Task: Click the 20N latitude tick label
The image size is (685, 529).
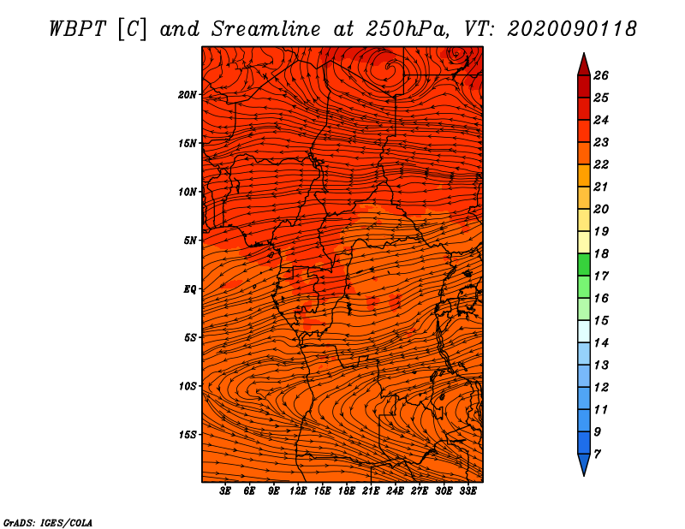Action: [188, 95]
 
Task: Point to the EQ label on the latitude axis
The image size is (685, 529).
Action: [189, 289]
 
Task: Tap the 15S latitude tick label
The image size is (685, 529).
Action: [188, 435]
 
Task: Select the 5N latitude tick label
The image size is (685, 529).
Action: [190, 241]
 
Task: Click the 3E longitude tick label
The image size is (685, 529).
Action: [225, 491]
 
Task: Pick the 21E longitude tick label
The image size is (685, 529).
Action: [371, 491]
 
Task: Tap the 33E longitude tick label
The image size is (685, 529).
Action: [468, 491]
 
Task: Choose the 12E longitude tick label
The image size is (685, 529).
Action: [297, 491]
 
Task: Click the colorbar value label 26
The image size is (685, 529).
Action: [601, 75]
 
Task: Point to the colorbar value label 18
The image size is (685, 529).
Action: [601, 253]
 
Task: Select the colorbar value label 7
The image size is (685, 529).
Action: [597, 455]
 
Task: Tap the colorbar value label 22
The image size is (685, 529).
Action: [601, 164]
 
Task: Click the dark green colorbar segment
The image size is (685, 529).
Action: [584, 264]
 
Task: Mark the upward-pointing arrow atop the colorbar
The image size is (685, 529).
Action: [584, 65]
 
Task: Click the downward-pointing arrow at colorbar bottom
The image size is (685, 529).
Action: [584, 465]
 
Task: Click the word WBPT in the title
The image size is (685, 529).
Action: [78, 29]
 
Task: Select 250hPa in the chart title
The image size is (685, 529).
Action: [407, 29]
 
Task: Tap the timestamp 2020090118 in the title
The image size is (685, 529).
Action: [572, 29]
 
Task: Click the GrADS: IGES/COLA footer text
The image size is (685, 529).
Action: [48, 523]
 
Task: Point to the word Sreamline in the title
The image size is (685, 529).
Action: [266, 29]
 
